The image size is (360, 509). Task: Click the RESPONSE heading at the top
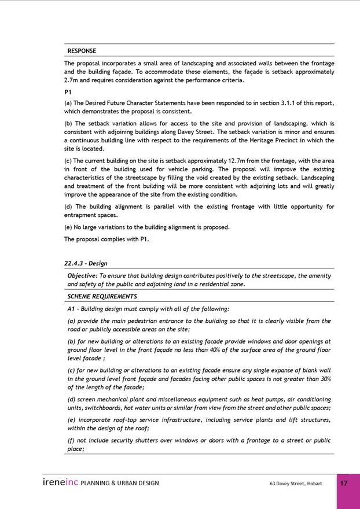(x=82, y=51)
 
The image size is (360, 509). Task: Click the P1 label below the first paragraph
(x=68, y=92)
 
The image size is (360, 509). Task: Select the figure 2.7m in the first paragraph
(x=72, y=80)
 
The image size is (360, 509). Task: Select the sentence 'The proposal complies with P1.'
(x=106, y=239)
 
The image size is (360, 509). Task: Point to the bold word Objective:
(x=82, y=276)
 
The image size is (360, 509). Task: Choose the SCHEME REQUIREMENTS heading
(x=102, y=296)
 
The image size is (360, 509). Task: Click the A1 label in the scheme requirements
(x=71, y=308)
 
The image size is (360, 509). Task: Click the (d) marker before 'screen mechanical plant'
(x=71, y=399)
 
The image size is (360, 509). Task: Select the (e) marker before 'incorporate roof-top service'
(x=71, y=420)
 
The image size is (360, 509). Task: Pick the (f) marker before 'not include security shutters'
(x=71, y=440)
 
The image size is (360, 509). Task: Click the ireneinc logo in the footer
(x=60, y=483)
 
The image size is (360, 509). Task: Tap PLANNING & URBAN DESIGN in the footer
(x=120, y=483)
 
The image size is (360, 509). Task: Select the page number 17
(x=343, y=484)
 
